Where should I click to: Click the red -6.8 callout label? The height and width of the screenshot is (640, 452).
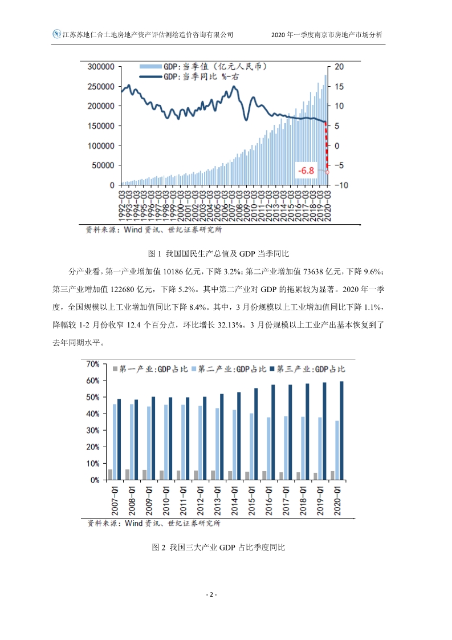(x=307, y=170)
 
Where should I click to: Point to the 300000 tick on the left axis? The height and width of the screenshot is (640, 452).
(x=101, y=67)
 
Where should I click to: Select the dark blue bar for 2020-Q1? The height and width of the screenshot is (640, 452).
(x=342, y=431)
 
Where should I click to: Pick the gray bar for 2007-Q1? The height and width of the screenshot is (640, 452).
(x=110, y=475)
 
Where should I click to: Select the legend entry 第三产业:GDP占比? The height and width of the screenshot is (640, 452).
(x=311, y=370)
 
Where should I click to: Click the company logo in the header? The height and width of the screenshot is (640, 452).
(x=56, y=34)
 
